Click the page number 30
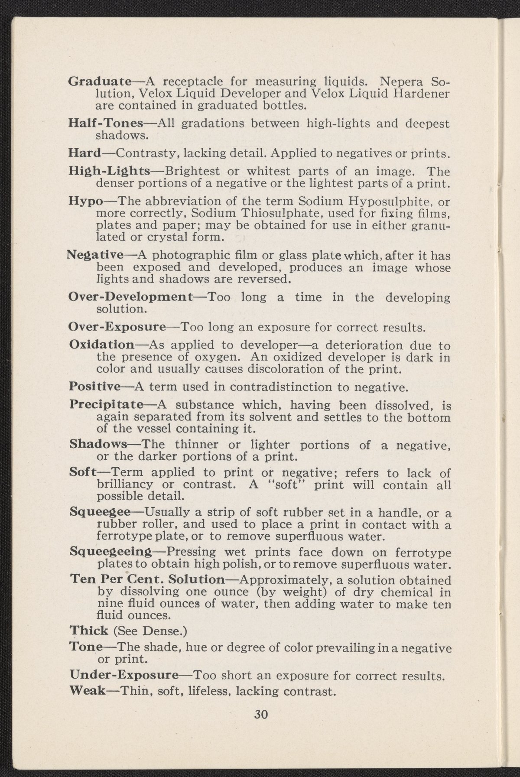point(261,715)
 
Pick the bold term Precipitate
point(106,405)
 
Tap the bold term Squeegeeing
point(110,552)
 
